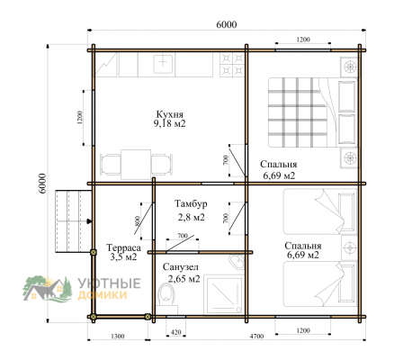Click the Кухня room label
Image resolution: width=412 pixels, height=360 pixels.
pos(169,114)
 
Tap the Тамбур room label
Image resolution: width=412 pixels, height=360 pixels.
pos(191,203)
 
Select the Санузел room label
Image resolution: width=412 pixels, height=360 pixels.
pos(180,266)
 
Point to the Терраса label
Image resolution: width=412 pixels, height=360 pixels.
pos(123,247)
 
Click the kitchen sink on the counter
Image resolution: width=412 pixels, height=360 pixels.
pos(163,64)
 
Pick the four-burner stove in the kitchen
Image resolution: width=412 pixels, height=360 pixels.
pos(232,64)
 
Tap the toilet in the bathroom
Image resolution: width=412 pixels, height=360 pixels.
pos(166,294)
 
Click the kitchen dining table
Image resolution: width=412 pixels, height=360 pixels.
pos(136,165)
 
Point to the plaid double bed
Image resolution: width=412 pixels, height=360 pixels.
pos(312,112)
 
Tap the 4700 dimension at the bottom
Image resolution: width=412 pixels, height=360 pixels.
pos(256,337)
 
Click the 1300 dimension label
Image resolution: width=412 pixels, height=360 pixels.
pos(118,337)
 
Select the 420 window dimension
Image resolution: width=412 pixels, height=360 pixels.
pos(175,332)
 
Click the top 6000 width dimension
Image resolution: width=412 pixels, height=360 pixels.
pos(227,24)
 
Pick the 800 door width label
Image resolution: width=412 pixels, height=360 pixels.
pos(138,220)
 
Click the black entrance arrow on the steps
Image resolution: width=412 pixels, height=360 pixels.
pos(89,221)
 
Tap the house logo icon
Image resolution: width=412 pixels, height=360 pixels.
pos(48,289)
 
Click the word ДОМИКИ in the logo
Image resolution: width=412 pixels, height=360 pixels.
pos(103,295)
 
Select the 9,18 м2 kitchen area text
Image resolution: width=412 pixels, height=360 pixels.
pos(170,123)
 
